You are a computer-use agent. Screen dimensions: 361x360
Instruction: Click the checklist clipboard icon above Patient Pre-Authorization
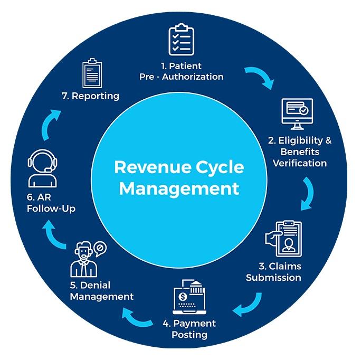click(181, 40)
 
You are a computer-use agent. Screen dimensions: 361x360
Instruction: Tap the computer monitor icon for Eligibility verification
click(297, 114)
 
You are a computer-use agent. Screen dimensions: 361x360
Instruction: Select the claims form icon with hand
click(283, 239)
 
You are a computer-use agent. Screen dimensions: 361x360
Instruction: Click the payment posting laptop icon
click(189, 297)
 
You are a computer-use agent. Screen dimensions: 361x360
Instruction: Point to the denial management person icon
click(88, 259)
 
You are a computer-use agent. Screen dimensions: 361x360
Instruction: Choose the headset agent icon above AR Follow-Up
click(43, 168)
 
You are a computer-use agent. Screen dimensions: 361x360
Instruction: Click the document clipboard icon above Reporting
click(92, 73)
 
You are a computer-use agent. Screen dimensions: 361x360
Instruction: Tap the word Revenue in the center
click(153, 167)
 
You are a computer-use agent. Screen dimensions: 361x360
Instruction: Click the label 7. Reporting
click(90, 96)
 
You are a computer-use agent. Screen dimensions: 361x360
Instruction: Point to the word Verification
click(300, 163)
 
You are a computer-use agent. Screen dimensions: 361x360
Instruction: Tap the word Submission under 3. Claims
click(273, 278)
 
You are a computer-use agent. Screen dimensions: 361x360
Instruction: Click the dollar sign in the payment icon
click(183, 297)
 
